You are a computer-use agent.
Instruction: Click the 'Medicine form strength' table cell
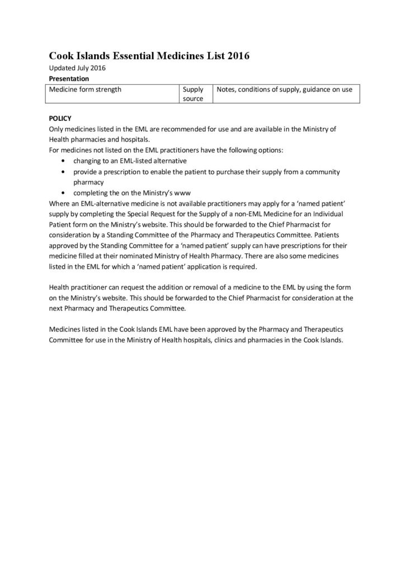tap(86, 89)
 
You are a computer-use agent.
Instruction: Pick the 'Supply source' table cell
tap(193, 94)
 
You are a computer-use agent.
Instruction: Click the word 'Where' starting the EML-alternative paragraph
tap(60, 203)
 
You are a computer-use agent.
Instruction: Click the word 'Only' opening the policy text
tap(58, 130)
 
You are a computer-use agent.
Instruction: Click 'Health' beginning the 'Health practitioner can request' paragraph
tap(60, 287)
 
